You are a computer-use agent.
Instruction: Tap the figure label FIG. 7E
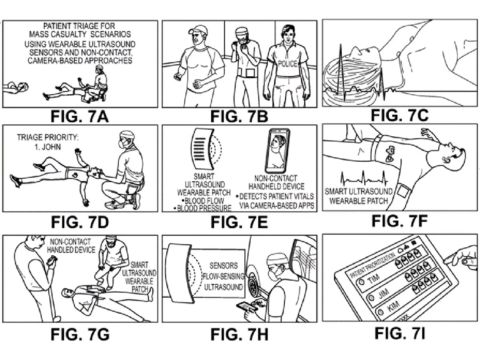point(239,222)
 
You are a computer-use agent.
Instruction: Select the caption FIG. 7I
point(399,333)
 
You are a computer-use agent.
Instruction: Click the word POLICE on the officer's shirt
point(288,64)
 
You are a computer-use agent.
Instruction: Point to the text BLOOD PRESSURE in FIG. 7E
point(204,208)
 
